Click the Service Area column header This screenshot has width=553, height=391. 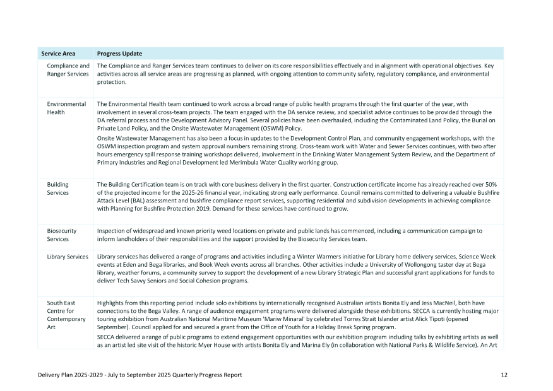58,54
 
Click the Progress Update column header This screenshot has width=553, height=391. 119,54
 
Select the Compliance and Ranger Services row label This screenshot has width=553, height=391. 68,70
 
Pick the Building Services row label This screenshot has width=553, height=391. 58,189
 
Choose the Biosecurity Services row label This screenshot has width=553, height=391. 62,235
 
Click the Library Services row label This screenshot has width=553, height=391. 68,257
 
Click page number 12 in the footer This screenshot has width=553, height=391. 504,375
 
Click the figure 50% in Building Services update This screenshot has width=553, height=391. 497,185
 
